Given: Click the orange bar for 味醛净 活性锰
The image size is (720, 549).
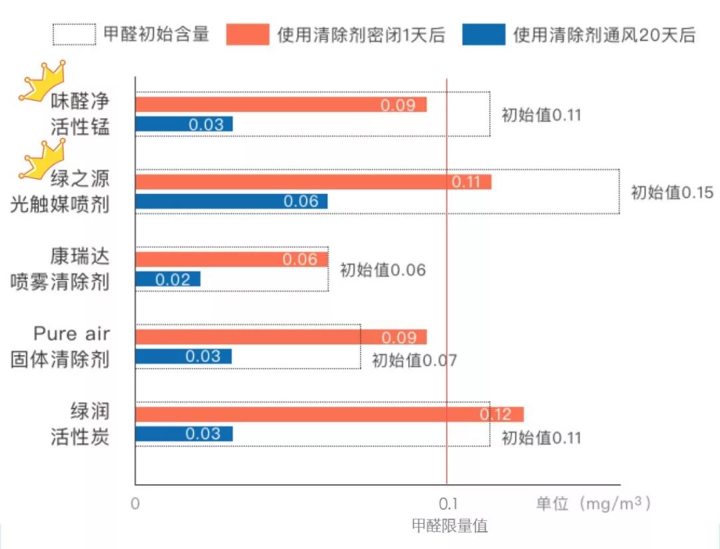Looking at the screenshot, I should (281, 105).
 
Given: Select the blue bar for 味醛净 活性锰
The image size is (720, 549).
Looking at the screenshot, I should (184, 124).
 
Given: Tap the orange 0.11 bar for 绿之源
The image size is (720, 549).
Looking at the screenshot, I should (313, 182).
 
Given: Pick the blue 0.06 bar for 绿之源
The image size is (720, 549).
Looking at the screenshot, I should (231, 201).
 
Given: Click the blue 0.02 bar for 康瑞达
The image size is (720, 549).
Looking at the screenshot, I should (168, 279).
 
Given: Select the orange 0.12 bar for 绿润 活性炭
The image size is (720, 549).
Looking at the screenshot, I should (329, 414).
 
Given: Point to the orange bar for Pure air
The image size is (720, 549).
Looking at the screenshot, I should (281, 337).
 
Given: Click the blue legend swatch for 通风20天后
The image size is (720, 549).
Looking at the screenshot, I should (483, 34).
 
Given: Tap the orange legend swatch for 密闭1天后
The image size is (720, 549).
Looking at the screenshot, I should (247, 34).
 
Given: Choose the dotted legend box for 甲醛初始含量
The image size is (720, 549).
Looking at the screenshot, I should (74, 34).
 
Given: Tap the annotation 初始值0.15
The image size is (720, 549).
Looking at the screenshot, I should (672, 193).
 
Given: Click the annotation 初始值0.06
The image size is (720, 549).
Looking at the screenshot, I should (383, 270).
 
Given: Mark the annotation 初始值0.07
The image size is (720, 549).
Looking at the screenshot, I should (414, 360).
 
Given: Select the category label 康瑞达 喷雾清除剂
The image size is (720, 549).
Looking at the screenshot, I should (61, 269).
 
